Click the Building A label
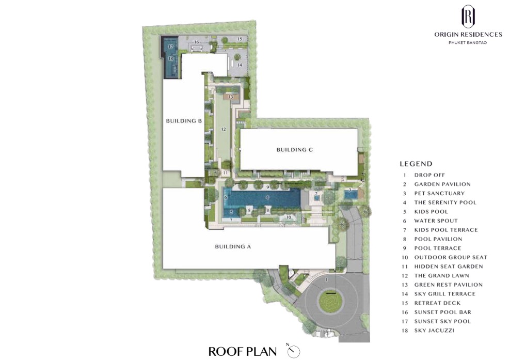pyautogui.click(x=233, y=247)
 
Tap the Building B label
pyautogui.click(x=184, y=121)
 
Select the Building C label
pyautogui.click(x=294, y=150)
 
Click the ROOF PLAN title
pyautogui.click(x=242, y=352)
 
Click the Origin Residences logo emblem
pyautogui.click(x=468, y=17)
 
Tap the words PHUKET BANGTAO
pyautogui.click(x=468, y=43)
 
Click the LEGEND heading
pyautogui.click(x=416, y=164)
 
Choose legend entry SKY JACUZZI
pyautogui.click(x=434, y=331)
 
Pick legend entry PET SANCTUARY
pyautogui.click(x=439, y=193)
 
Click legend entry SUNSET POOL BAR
pyautogui.click(x=442, y=312)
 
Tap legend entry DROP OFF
pyautogui.click(x=429, y=175)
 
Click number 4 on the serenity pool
pyautogui.click(x=267, y=197)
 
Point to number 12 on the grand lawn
pyautogui.click(x=223, y=129)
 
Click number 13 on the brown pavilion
pyautogui.click(x=231, y=97)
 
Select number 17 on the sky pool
pyautogui.click(x=170, y=47)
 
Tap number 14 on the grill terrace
pyautogui.click(x=240, y=65)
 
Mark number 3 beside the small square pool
pyautogui.click(x=350, y=190)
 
